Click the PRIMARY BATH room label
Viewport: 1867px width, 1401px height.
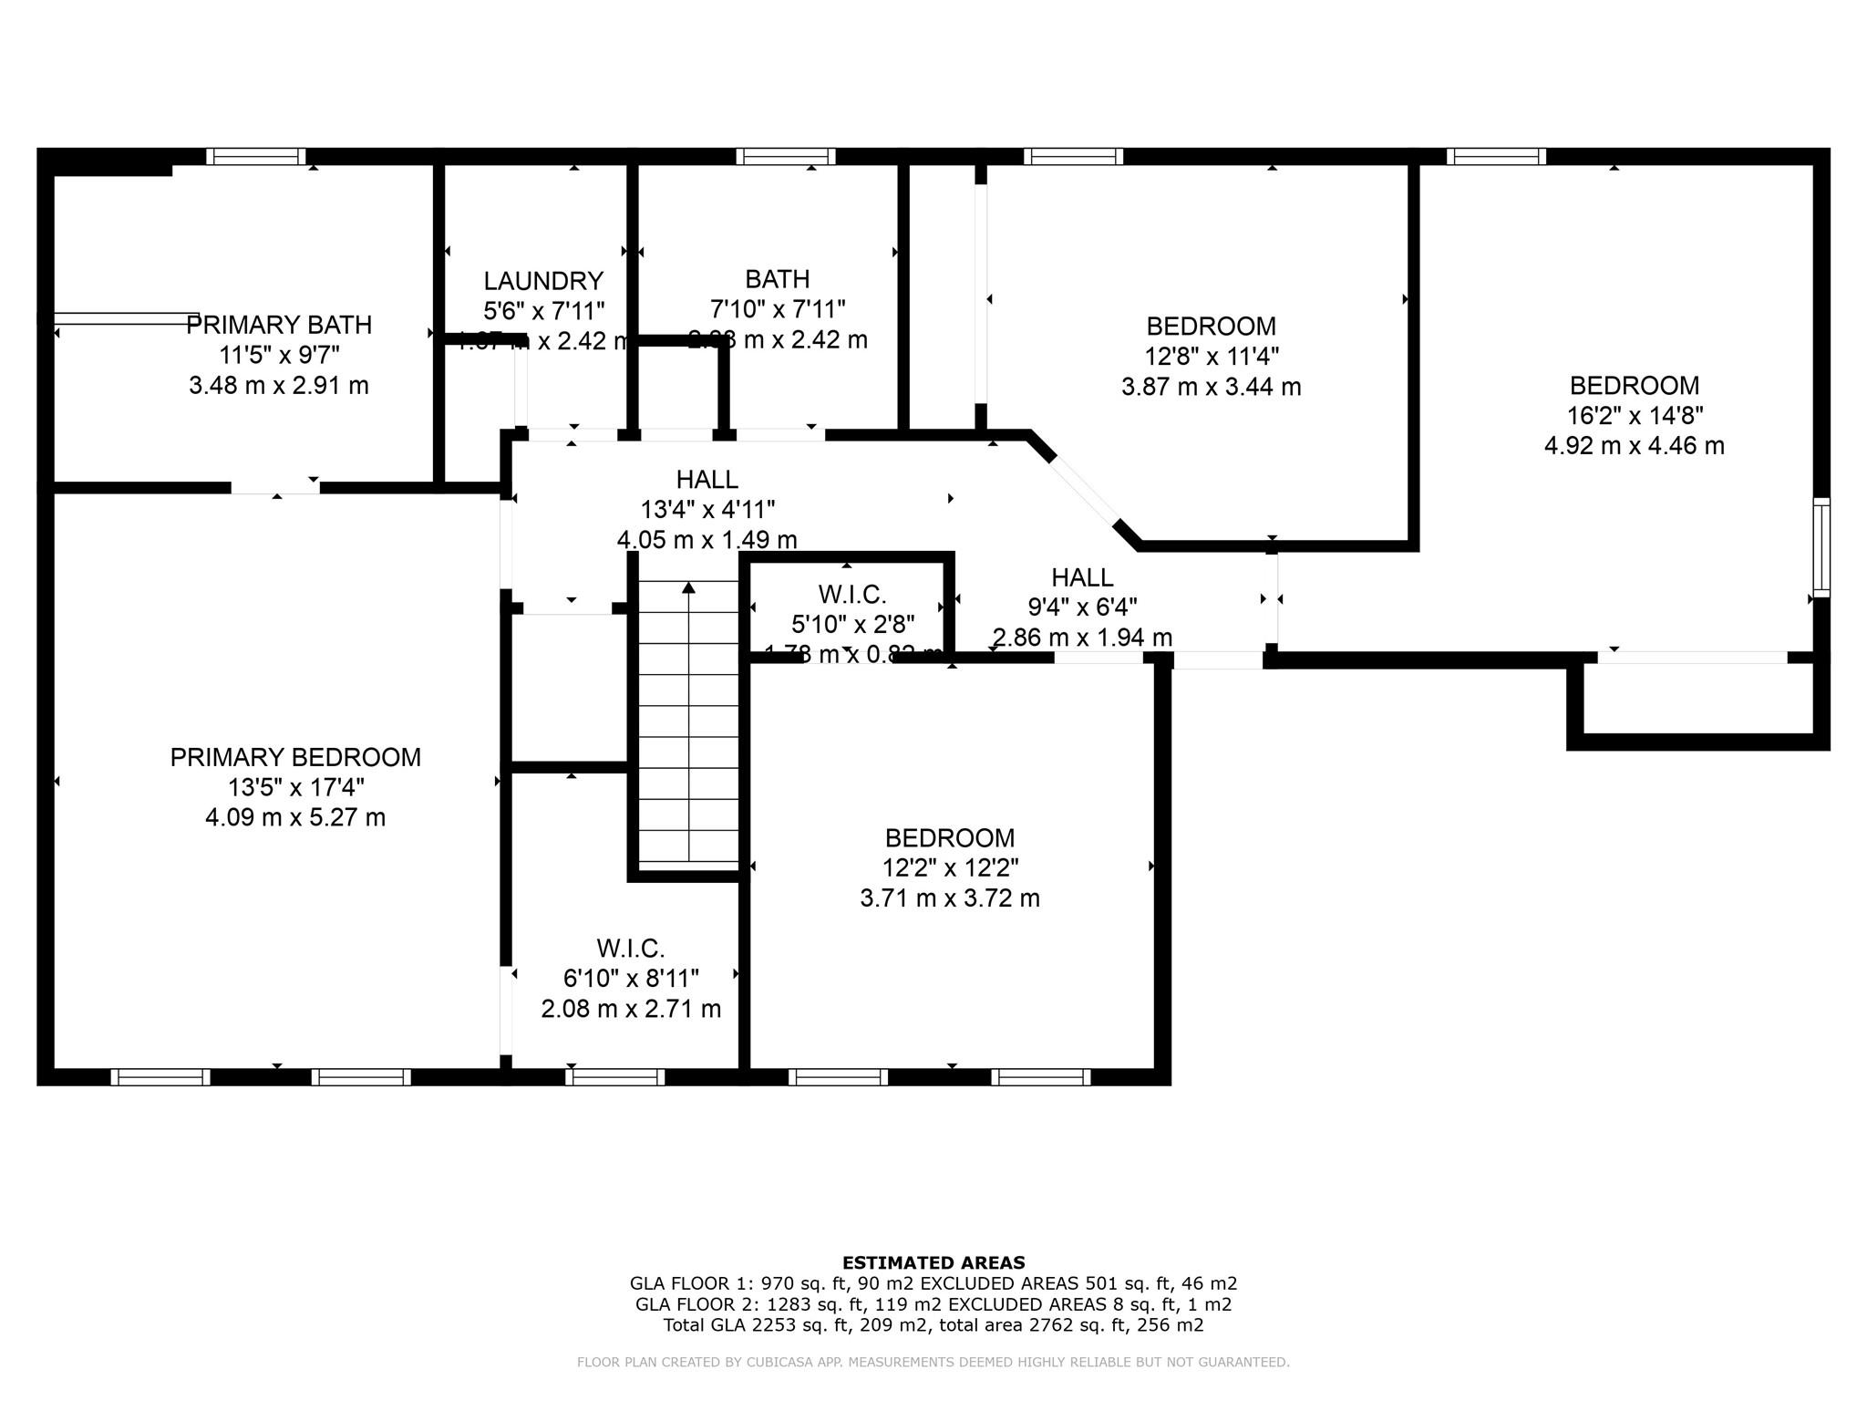click(x=279, y=325)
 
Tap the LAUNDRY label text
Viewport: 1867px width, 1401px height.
click(x=543, y=281)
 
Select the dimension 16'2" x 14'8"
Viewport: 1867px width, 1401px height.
click(x=1635, y=416)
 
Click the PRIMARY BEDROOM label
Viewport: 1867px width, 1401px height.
click(x=295, y=757)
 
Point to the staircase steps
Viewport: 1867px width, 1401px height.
click(x=688, y=721)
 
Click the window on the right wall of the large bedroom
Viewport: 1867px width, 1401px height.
click(x=1821, y=547)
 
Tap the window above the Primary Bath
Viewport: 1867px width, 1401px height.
click(x=255, y=156)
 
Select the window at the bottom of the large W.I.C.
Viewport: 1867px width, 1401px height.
click(x=614, y=1077)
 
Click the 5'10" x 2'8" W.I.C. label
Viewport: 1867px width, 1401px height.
click(x=852, y=625)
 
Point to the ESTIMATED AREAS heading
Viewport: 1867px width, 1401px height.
click(x=933, y=1262)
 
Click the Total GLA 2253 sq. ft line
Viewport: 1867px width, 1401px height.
click(x=933, y=1325)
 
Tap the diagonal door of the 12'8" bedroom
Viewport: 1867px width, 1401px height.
click(x=1083, y=488)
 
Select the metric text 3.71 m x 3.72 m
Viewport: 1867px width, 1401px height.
click(x=950, y=898)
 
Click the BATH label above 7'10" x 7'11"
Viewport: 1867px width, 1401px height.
click(x=777, y=279)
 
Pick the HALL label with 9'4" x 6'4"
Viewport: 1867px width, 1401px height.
click(x=1082, y=577)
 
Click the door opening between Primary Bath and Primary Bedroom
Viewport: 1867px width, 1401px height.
click(x=275, y=488)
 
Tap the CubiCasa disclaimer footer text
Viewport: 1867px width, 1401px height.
click(x=933, y=1363)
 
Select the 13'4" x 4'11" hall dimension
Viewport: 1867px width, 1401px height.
click(x=707, y=509)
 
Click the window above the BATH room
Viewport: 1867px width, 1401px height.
click(x=786, y=156)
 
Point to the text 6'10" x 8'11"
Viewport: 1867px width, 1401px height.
click(x=631, y=979)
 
